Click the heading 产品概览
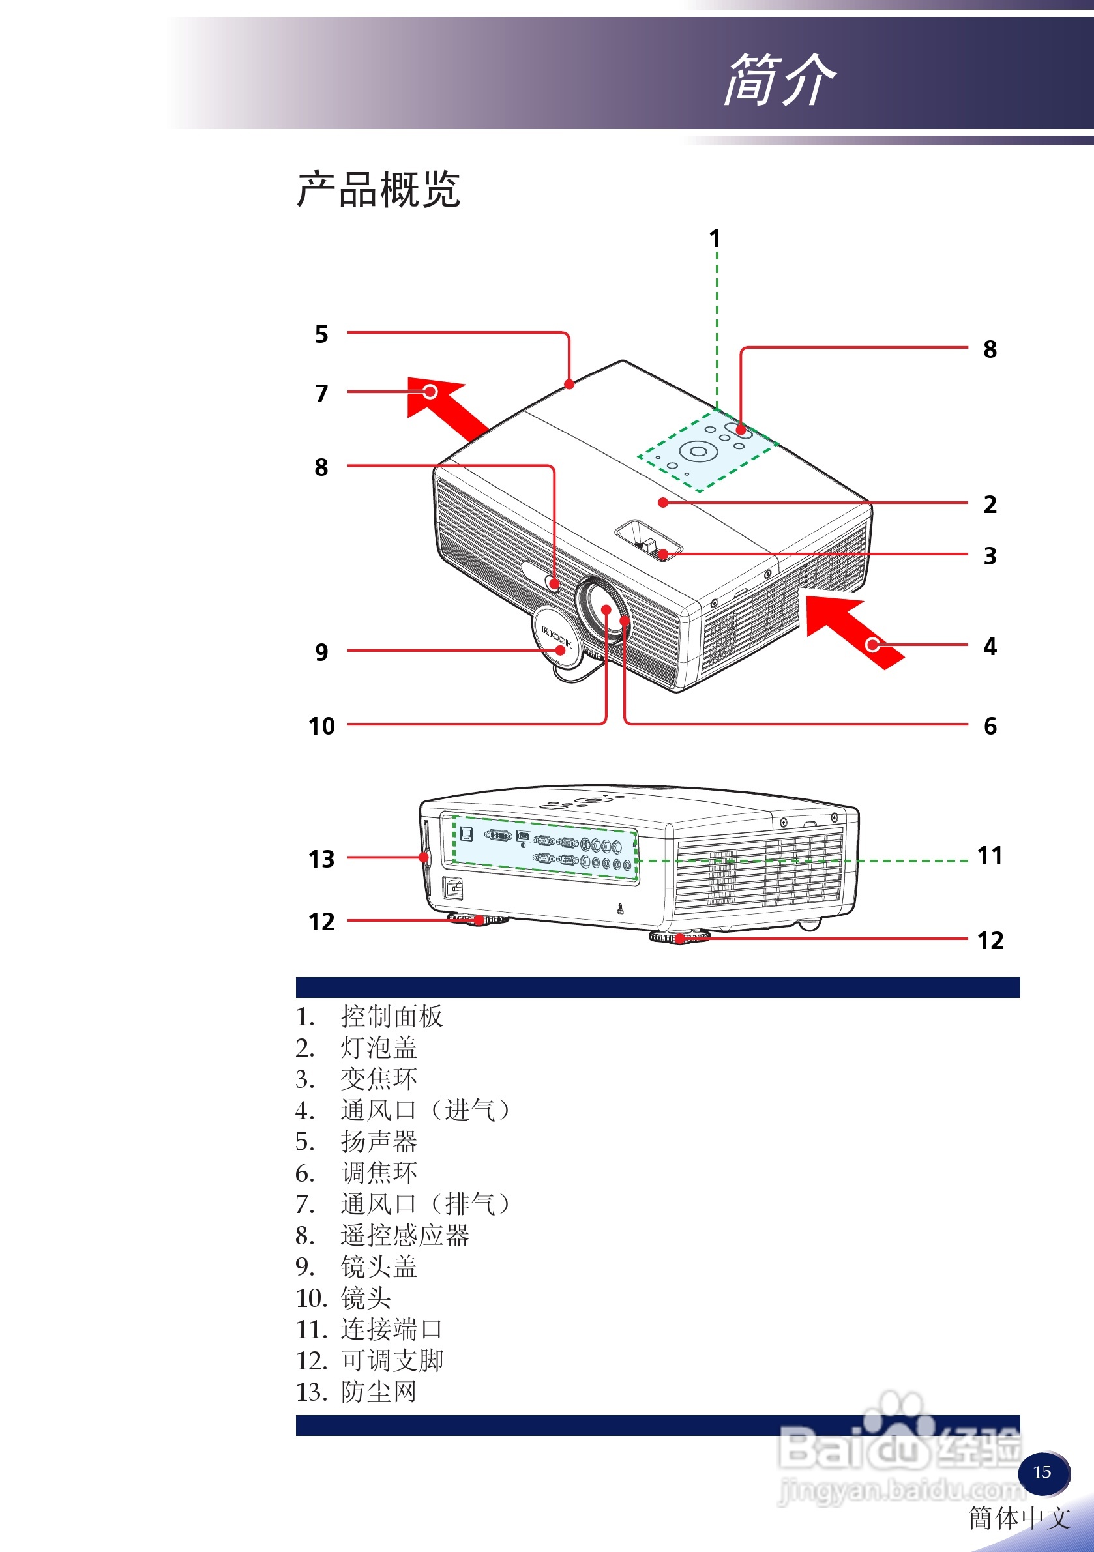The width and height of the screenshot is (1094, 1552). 379,189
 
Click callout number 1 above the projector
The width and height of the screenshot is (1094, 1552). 715,239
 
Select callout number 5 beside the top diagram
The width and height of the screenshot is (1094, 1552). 321,334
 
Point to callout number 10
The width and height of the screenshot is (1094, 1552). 321,726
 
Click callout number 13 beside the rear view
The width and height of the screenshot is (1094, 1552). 321,859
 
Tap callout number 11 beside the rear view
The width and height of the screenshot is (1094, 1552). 989,856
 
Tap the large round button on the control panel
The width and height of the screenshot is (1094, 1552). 698,451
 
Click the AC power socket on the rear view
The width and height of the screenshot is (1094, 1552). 453,888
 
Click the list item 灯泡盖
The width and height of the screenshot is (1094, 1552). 379,1047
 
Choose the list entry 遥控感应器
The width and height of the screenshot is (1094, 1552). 404,1236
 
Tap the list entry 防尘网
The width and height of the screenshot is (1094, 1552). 379,1392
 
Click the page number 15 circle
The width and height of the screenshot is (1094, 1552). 1042,1472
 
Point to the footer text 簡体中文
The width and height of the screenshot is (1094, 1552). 1019,1518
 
